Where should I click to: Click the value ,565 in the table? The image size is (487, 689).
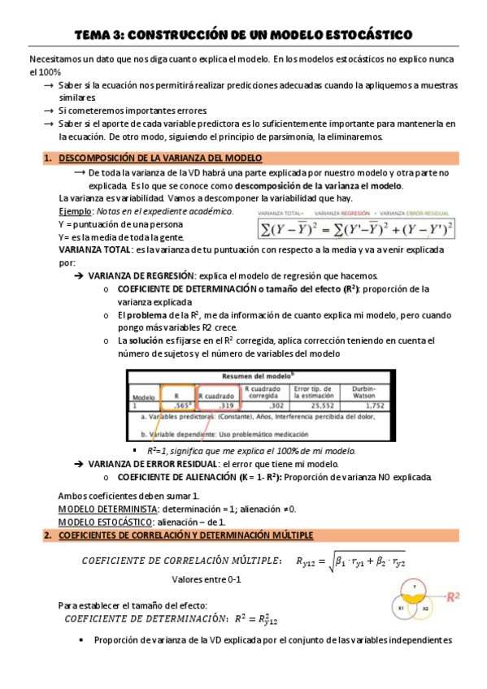[184, 404]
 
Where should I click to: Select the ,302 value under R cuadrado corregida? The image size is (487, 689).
[276, 404]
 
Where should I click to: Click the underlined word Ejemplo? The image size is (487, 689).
[76, 211]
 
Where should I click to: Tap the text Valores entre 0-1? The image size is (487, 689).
[207, 579]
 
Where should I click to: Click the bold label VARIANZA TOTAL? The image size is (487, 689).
[92, 250]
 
